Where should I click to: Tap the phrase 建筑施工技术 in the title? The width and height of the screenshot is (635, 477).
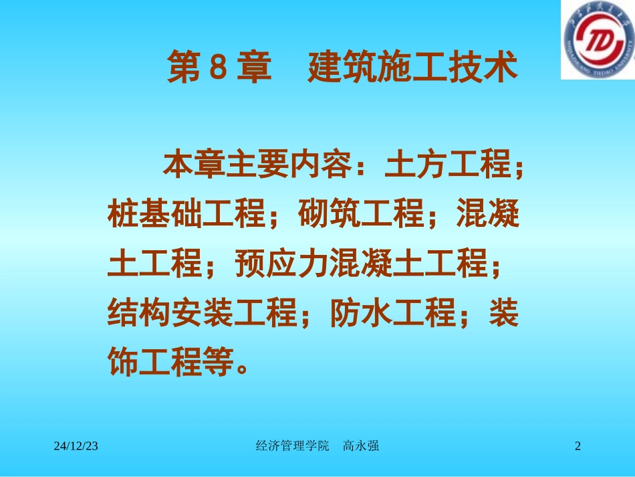point(413,68)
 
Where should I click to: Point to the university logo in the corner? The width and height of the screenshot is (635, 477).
point(597,39)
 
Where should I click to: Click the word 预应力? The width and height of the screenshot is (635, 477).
point(281,265)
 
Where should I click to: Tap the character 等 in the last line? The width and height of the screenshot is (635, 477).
point(218,363)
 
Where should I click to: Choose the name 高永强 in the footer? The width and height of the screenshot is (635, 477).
point(361,446)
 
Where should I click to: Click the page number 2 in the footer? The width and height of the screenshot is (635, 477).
point(578,446)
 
